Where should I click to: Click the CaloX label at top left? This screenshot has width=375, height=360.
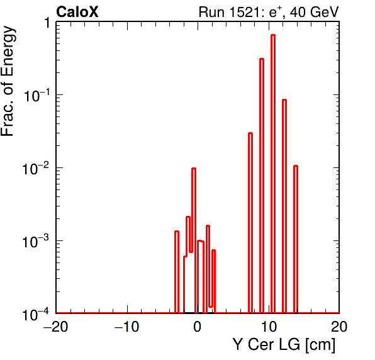(x=77, y=12)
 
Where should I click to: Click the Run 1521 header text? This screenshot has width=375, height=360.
(x=269, y=12)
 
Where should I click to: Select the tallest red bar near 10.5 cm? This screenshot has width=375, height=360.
(x=273, y=174)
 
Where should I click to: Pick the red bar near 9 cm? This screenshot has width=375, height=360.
(x=262, y=186)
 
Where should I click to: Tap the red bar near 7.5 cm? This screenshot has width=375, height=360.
(x=250, y=223)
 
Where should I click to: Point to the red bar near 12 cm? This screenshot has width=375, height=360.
(x=284, y=206)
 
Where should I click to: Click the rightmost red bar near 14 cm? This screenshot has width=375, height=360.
(x=296, y=239)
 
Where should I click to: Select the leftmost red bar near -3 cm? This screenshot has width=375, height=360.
(x=177, y=272)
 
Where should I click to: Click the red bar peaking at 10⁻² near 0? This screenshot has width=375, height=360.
(x=194, y=240)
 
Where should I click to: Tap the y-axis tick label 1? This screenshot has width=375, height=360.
(x=47, y=23)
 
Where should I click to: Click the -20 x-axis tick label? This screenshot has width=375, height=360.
(x=55, y=326)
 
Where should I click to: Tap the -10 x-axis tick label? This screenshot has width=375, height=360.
(x=126, y=326)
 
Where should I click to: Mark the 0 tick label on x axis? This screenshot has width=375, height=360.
(x=198, y=326)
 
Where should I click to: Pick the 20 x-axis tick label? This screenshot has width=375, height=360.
(x=339, y=326)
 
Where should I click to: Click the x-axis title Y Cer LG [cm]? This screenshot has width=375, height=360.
(x=284, y=345)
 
